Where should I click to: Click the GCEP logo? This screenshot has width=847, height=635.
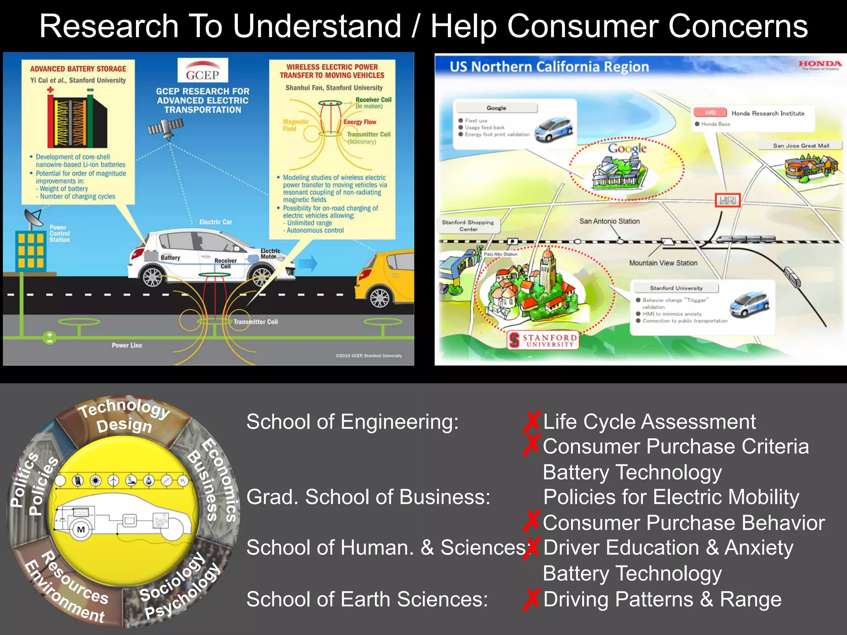tap(202, 70)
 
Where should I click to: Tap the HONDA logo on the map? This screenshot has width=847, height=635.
tap(820, 64)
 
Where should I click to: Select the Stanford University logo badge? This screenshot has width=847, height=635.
tap(543, 340)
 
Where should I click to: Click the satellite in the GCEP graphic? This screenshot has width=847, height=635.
tap(166, 128)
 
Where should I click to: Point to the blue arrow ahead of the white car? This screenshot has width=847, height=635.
tap(308, 263)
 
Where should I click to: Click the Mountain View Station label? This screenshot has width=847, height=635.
tap(663, 263)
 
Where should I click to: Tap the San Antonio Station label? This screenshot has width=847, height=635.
tap(609, 221)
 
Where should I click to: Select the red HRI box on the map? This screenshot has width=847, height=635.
tap(727, 201)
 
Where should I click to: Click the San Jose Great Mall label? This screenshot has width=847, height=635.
tap(801, 146)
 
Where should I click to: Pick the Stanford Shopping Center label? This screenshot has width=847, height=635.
tap(468, 225)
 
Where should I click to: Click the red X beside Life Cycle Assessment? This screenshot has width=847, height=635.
tap(531, 422)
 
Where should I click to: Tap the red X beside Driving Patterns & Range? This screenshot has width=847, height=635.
tap(531, 599)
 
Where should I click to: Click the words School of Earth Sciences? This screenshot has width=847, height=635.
tap(367, 599)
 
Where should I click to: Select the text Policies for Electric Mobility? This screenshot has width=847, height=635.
tap(671, 497)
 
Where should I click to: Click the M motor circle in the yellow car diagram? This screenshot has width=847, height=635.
tap(81, 530)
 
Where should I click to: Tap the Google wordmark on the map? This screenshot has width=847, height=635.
tap(627, 148)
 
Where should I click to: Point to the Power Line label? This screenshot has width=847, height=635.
tap(127, 345)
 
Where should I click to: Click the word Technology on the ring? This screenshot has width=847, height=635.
tap(124, 408)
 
